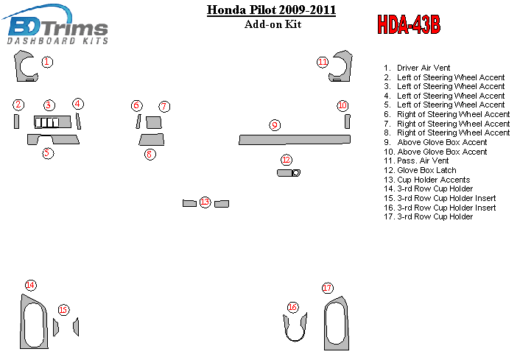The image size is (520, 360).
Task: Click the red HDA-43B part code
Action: coord(409,24)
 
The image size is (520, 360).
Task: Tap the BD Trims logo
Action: coord(56,25)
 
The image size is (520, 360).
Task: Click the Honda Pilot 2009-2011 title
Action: coord(271,10)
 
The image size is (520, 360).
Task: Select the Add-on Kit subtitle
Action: coord(273,24)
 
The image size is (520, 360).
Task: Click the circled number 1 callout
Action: coord(47,62)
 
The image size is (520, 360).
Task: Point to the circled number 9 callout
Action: coord(275,125)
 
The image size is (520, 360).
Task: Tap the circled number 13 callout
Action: coord(205,202)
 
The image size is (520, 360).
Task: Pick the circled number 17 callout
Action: coord(327,288)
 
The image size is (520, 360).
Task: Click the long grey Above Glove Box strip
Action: coord(295,140)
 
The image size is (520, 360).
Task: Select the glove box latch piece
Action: coord(289,173)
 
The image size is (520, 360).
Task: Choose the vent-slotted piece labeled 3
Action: coord(52,122)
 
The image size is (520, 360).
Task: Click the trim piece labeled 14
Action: coord(24,322)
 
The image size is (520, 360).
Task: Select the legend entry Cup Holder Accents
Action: coord(426,180)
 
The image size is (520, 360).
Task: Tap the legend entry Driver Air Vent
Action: coord(417,68)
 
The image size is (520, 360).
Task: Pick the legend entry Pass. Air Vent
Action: coord(416,160)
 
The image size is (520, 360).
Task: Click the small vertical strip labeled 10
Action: coord(347,121)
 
